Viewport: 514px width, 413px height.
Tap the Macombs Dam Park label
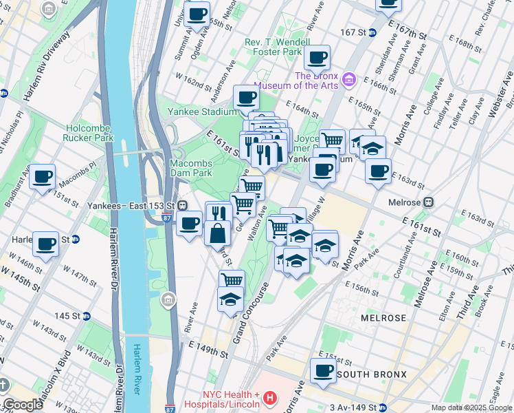pyautogui.click(x=191, y=168)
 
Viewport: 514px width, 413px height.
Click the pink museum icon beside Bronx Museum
pyautogui.click(x=348, y=81)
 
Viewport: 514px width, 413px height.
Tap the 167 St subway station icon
pyautogui.click(x=372, y=32)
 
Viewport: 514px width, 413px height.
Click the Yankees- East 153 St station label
pyautogui.click(x=128, y=204)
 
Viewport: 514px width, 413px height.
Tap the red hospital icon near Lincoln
pyautogui.click(x=270, y=399)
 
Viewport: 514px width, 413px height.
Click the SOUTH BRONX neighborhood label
pyautogui.click(x=374, y=374)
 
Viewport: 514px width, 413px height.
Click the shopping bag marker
pyautogui.click(x=217, y=233)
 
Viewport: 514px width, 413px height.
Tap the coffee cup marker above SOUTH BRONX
pyautogui.click(x=322, y=370)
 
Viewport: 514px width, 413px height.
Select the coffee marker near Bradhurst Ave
pyautogui.click(x=42, y=176)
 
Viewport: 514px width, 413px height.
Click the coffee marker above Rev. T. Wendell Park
pyautogui.click(x=317, y=58)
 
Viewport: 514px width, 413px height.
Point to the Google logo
pyautogui.click(x=23, y=405)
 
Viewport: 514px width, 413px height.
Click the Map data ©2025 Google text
pyautogui.click(x=471, y=407)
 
